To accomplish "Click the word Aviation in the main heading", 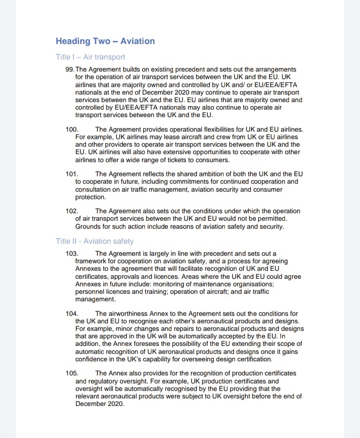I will point(137,41).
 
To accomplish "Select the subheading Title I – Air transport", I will point(90,57).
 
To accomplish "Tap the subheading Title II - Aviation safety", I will point(94,241).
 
